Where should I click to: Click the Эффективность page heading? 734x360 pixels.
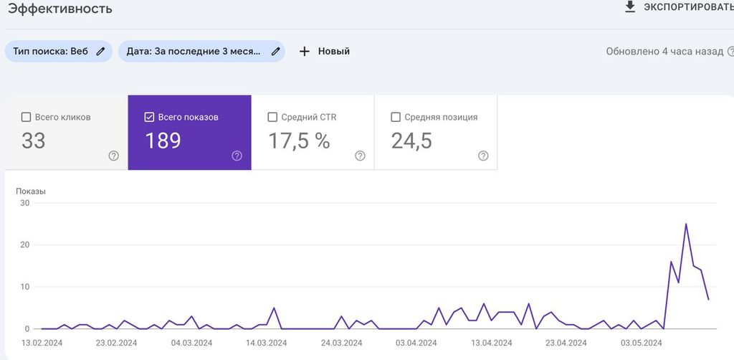pos(60,9)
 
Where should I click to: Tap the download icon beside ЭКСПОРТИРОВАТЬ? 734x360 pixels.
pos(630,6)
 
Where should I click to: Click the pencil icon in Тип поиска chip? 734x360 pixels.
pos(100,52)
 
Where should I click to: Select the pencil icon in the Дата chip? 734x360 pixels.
pos(276,52)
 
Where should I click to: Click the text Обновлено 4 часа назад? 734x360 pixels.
pos(664,52)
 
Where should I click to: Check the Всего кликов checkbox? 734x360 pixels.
pos(27,117)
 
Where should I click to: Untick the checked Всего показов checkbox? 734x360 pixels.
pos(149,117)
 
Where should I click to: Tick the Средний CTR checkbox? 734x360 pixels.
pos(272,117)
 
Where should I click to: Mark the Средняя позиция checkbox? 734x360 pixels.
pos(396,117)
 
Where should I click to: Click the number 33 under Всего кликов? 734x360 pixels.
pos(33,141)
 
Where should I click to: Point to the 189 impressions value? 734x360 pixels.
pos(163,141)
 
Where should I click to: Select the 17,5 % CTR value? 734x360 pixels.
pos(299,141)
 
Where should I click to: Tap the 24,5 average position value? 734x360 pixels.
pos(411,141)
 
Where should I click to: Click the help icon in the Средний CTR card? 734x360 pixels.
pos(360,156)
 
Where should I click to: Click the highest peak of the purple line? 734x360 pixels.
pos(686,224)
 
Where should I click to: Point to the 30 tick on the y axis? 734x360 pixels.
pos(24,203)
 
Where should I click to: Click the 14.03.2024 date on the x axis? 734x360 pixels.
pos(267,343)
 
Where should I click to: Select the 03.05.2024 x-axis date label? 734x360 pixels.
pos(641,343)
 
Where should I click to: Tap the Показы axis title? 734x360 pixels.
pos(31,191)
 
